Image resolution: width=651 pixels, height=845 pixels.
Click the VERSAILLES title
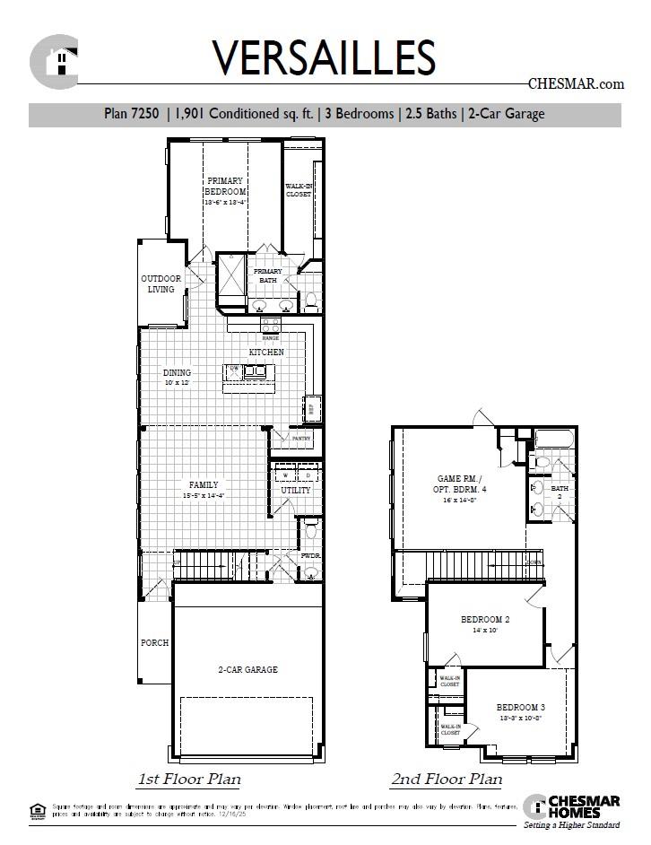pyautogui.click(x=324, y=57)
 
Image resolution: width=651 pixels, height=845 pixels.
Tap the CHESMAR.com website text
pyautogui.click(x=575, y=84)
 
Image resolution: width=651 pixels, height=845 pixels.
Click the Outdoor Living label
pyautogui.click(x=161, y=283)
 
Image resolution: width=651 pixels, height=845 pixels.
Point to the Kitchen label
pyautogui.click(x=266, y=353)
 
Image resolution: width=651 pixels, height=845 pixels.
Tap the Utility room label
pyautogui.click(x=296, y=491)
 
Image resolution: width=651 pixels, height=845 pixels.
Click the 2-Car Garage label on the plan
pyautogui.click(x=247, y=670)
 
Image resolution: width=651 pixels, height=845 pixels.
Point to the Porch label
pyautogui.click(x=154, y=643)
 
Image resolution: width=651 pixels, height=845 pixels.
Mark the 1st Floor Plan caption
pyautogui.click(x=188, y=779)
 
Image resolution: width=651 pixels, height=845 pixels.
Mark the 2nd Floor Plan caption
pyautogui.click(x=447, y=780)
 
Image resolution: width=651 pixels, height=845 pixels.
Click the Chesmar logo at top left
pyautogui.click(x=53, y=60)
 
